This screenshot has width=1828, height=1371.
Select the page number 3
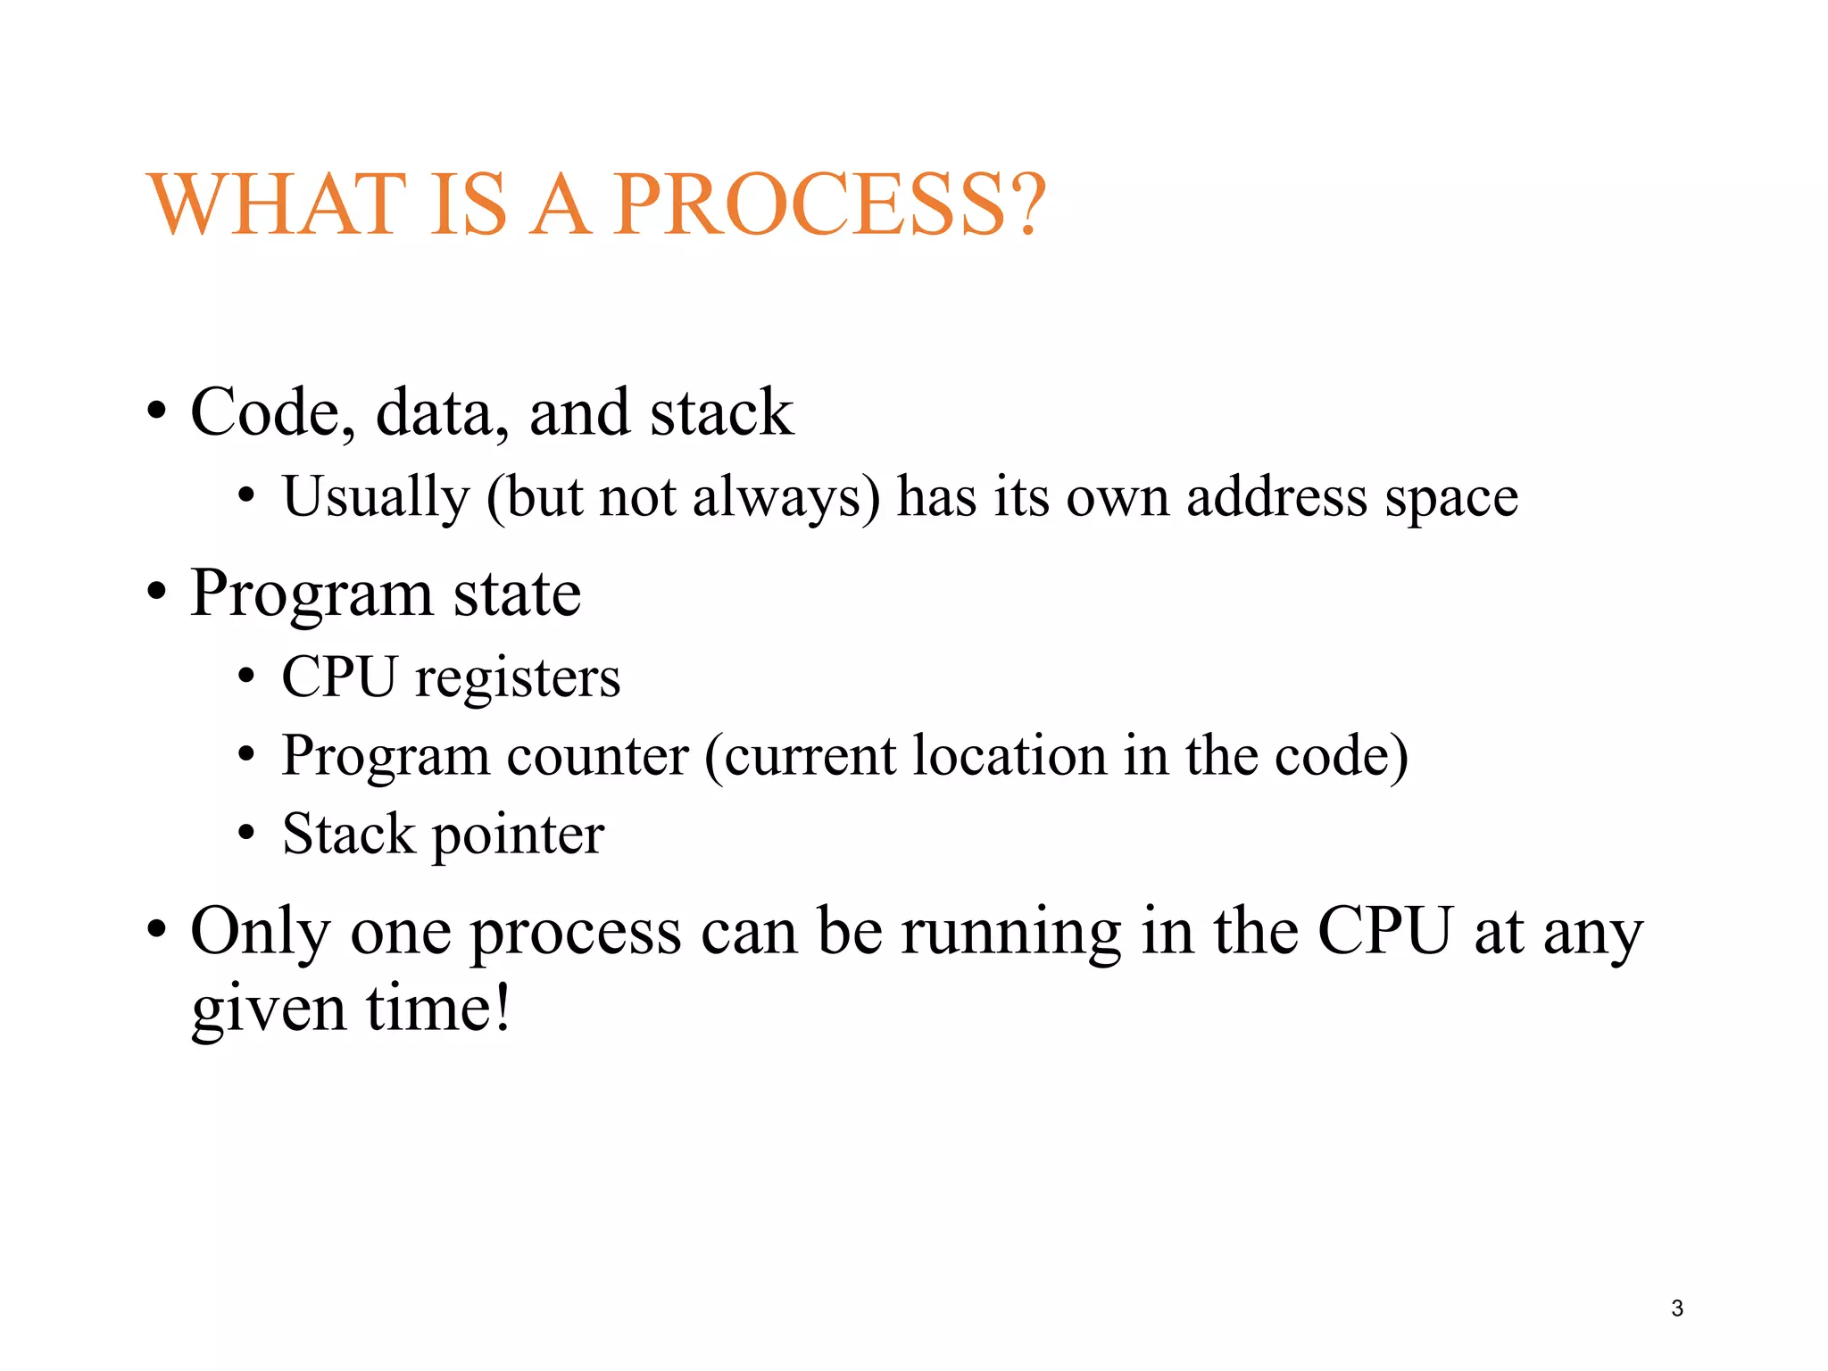pyautogui.click(x=1677, y=1309)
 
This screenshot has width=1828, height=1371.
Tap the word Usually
pyautogui.click(x=376, y=498)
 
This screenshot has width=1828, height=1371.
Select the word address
pyautogui.click(x=1276, y=496)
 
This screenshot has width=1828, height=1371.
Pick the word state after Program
pyautogui.click(x=517, y=594)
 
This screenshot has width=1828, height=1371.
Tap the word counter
pyautogui.click(x=598, y=757)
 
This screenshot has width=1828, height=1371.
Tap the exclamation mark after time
pyautogui.click(x=503, y=1009)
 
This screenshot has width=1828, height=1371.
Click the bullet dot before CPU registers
pyautogui.click(x=246, y=677)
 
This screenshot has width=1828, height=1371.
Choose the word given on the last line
pyautogui.click(x=269, y=1010)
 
